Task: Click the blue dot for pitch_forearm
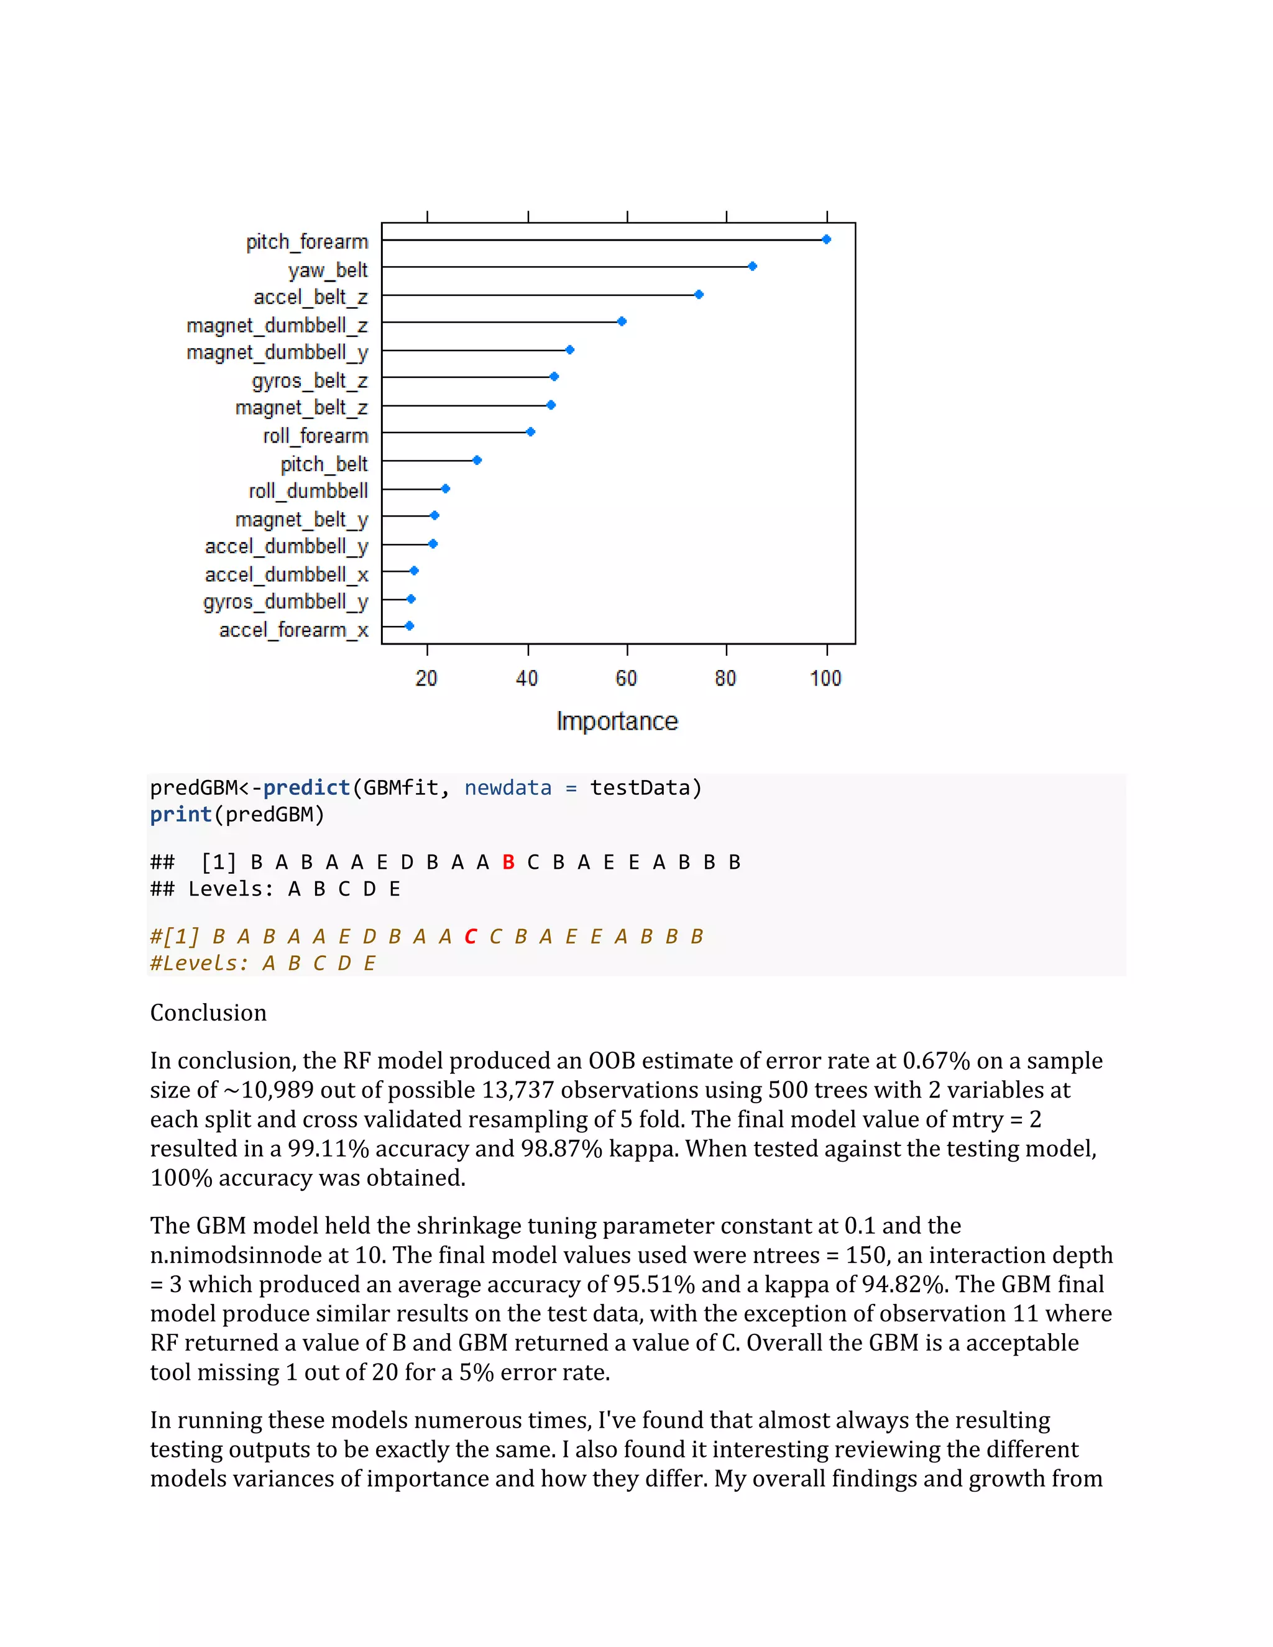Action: coord(827,239)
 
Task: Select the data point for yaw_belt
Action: coord(752,266)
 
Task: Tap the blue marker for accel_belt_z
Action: coord(699,294)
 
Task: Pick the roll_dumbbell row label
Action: coord(308,491)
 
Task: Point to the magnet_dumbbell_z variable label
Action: coord(277,325)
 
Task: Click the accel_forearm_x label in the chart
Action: coord(293,630)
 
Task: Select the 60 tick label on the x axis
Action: coord(626,678)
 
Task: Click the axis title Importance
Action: coord(617,721)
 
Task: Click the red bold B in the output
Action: coord(508,862)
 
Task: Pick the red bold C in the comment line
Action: coord(471,937)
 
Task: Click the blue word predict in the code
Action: coord(306,788)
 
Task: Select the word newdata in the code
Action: coord(508,788)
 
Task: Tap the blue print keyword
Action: coord(180,814)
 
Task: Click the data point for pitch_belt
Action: coord(477,460)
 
